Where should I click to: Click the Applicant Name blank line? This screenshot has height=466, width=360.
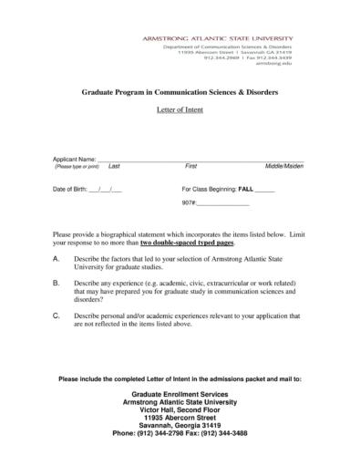tap(201, 161)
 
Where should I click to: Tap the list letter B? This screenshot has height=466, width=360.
tap(57, 285)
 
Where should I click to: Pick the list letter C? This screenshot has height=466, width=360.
tap(57, 316)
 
